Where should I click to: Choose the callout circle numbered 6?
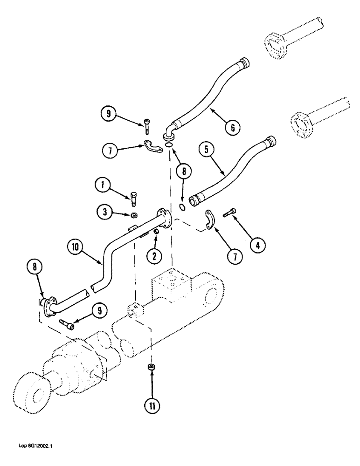pos(232,126)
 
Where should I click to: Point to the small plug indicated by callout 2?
pos(157,231)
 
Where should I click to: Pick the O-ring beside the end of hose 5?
pos(183,206)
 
